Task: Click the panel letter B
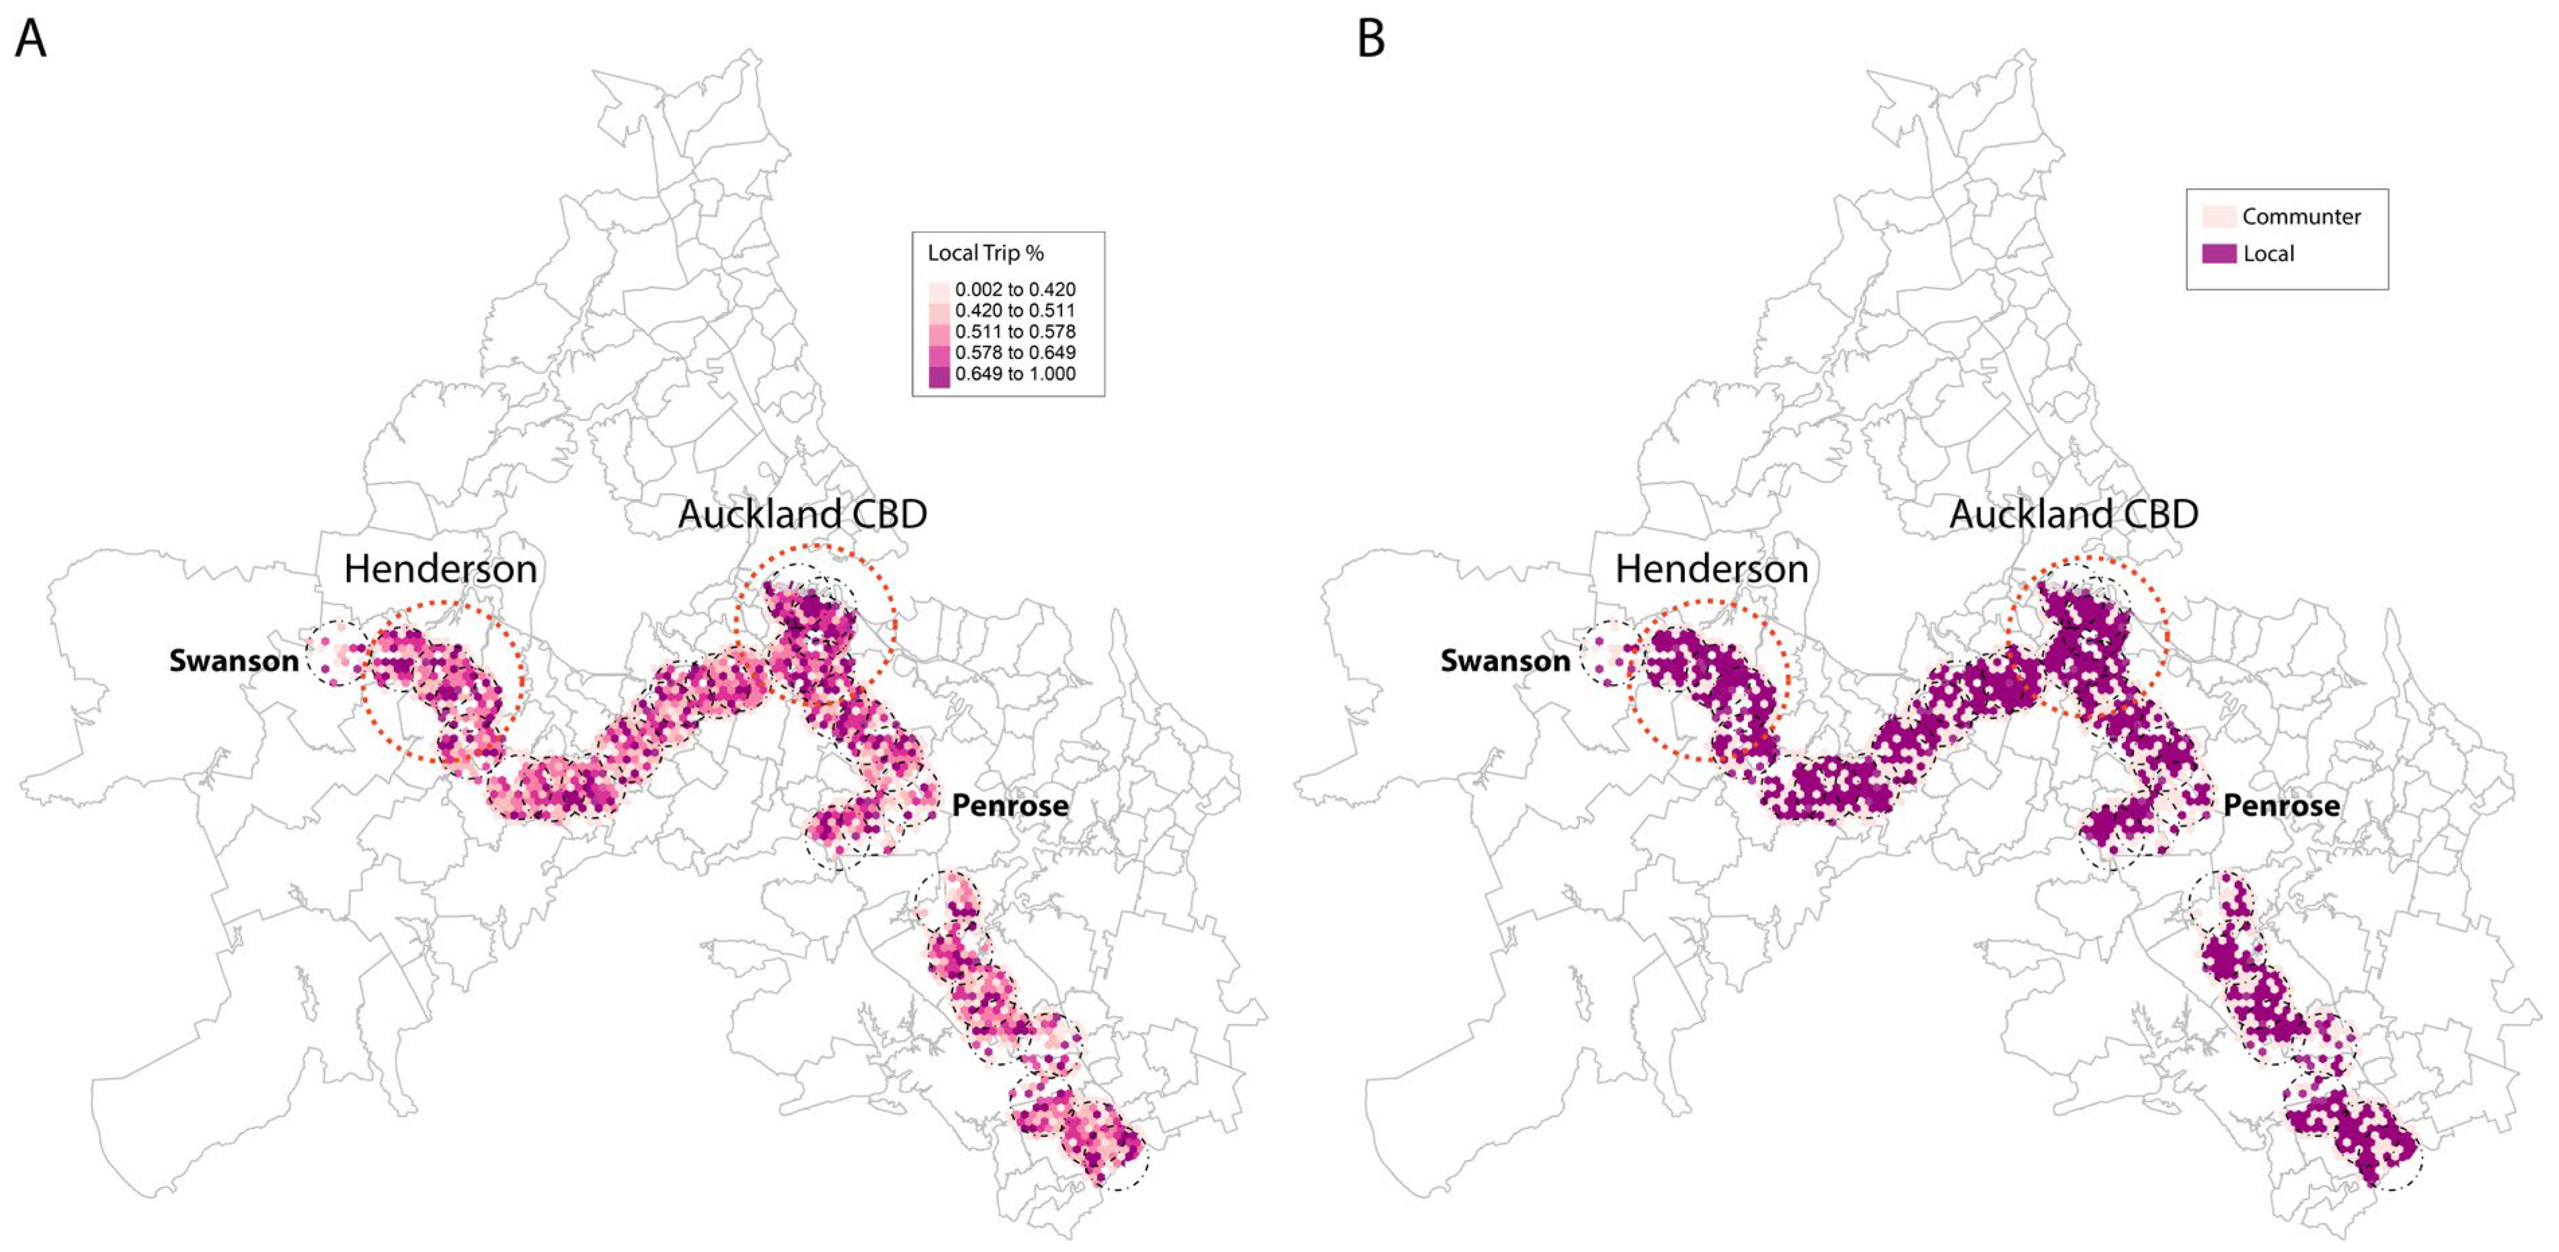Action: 1371,40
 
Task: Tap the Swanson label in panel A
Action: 233,661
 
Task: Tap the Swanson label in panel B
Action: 1505,661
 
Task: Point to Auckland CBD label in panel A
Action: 803,514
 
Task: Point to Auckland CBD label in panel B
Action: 2074,514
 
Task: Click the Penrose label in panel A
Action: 1011,805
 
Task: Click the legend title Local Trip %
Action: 986,253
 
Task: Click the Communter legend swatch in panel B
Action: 2219,217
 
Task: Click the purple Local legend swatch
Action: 2219,253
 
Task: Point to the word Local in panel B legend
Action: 2269,253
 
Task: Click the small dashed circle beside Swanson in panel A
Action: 337,653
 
